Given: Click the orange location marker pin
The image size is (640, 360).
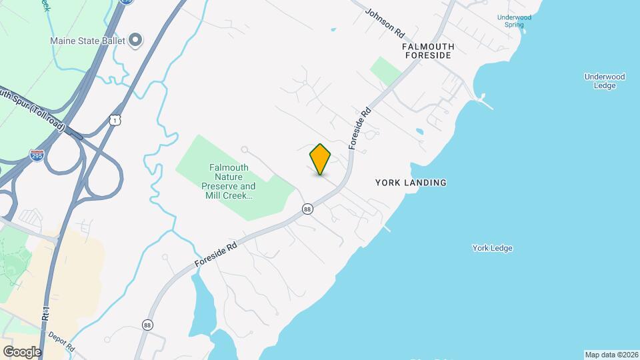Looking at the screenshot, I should (321, 159).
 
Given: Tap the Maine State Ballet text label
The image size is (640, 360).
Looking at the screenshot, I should (89, 41).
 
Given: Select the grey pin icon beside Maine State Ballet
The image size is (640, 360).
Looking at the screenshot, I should (135, 41).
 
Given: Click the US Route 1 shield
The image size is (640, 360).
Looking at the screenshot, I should (115, 119).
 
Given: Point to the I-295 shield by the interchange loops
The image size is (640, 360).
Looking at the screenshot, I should (37, 156).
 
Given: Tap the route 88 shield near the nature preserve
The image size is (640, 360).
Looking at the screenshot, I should (307, 209).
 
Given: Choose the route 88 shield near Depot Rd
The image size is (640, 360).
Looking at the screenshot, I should (147, 325).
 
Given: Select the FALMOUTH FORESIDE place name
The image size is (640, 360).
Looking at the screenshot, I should (428, 51).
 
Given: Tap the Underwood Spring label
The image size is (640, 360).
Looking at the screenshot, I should (514, 21).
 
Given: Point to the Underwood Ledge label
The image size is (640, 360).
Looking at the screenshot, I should (605, 81).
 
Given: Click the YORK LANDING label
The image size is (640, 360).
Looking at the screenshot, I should (411, 183).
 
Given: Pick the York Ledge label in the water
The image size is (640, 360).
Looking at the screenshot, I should (492, 248).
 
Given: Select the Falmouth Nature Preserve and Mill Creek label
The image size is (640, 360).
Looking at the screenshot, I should (228, 182).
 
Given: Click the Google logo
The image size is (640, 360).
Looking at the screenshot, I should (22, 351).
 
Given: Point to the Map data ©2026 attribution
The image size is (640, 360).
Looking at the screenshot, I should (611, 355).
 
